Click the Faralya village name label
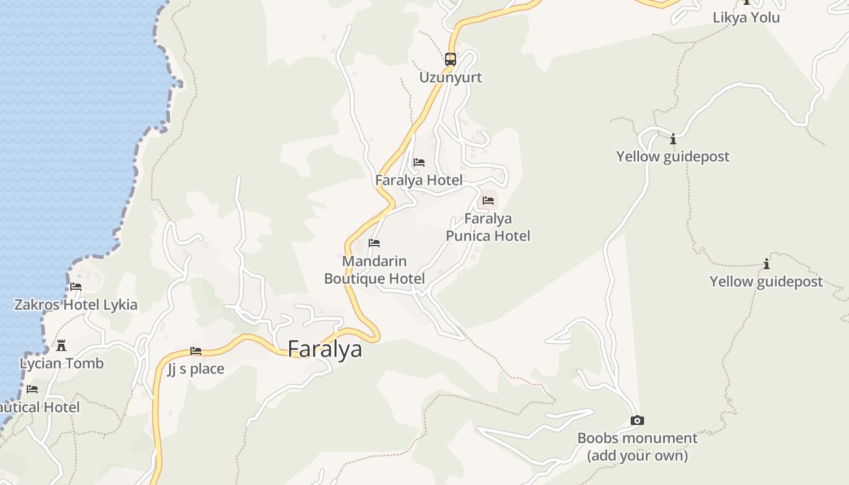324,349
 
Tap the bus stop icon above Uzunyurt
450,59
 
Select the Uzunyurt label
451,78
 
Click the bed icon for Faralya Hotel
418,162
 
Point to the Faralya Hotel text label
418,180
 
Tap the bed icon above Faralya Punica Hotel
488,201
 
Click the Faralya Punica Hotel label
488,227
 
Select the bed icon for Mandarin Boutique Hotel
374,243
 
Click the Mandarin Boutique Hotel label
374,270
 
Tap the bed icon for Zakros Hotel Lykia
76,287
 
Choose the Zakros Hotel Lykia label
76,304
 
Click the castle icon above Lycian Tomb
61,346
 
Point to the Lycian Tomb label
62,364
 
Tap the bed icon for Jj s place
196,351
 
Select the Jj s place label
196,369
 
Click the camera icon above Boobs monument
637,420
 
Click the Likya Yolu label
746,18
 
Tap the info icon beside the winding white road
673,139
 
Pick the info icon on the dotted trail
767,264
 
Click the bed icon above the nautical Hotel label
32,389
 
